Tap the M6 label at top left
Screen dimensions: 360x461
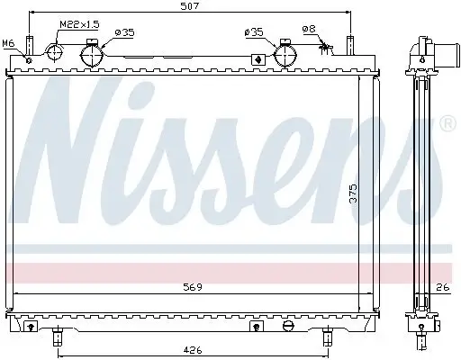click(9, 43)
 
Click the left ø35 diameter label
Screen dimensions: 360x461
click(124, 32)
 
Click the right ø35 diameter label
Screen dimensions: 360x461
click(254, 32)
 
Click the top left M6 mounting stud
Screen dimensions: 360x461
click(30, 46)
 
